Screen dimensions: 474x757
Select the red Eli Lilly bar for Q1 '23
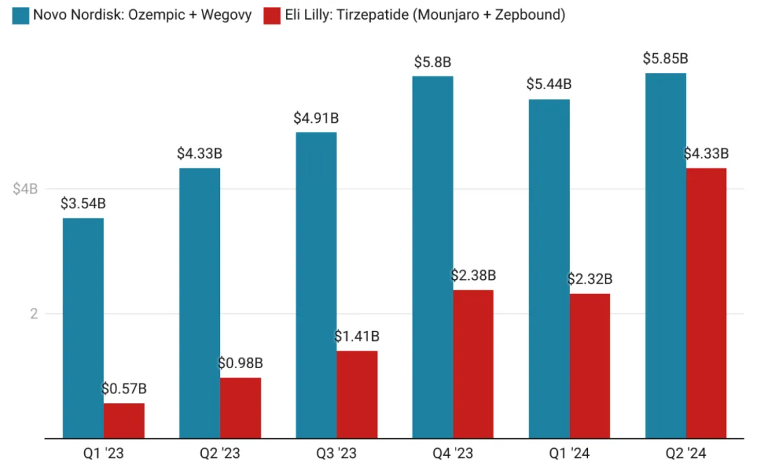(124, 421)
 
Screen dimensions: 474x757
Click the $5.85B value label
(665, 59)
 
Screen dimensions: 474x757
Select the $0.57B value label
(124, 388)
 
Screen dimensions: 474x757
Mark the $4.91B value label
(316, 118)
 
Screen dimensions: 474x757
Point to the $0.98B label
(240, 363)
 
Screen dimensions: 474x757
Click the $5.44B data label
(549, 84)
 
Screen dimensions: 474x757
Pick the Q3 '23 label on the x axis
(336, 454)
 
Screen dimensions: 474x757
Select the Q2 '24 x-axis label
(686, 454)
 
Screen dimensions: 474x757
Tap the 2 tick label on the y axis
(33, 314)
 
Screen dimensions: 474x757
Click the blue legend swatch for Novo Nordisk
(20, 15)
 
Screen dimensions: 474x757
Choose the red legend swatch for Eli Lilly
(272, 15)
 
